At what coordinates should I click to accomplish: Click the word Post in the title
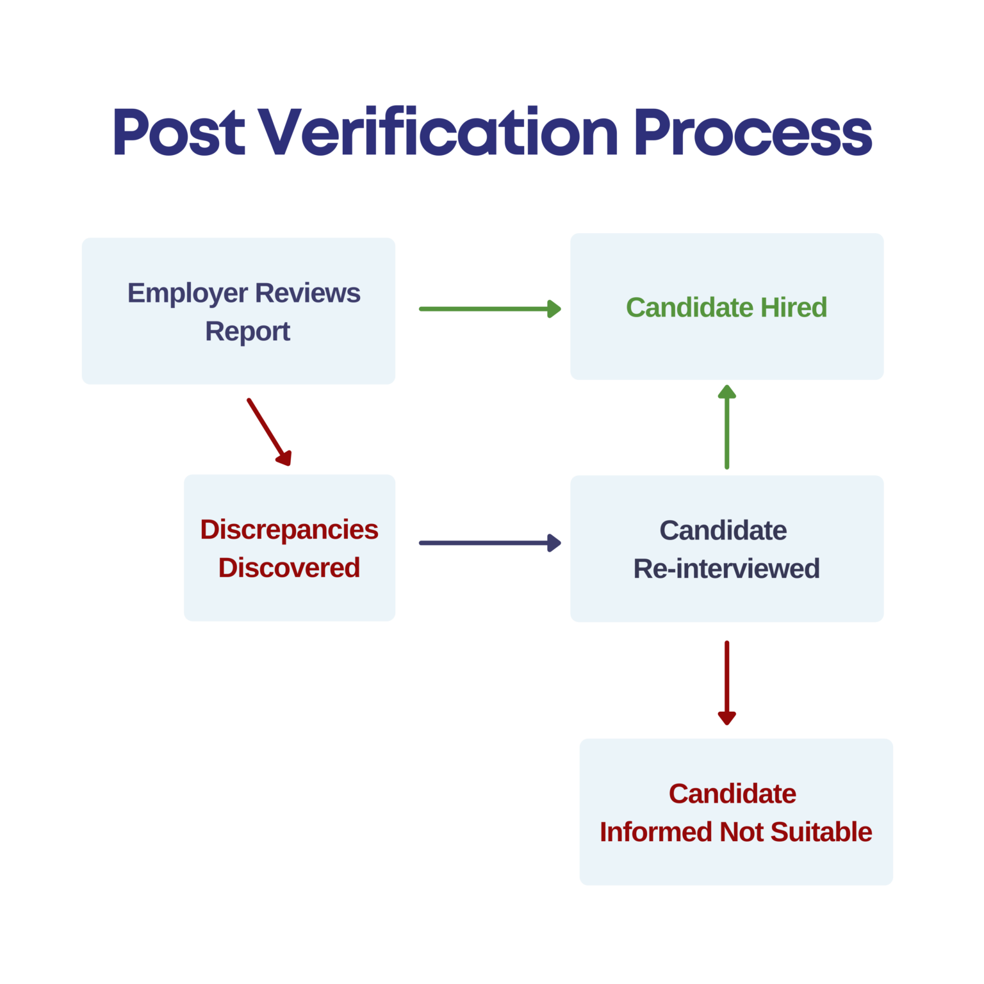coord(179,133)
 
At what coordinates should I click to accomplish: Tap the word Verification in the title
coord(439,133)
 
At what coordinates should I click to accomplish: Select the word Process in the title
coord(753,133)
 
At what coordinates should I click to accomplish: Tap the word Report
coord(247,332)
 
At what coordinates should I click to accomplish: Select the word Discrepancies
coord(289,530)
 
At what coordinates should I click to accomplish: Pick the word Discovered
coord(289,568)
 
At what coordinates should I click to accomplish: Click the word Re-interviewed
coord(726,569)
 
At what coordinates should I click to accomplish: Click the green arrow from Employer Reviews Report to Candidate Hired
coord(489,309)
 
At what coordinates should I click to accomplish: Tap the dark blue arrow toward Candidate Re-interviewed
coord(489,543)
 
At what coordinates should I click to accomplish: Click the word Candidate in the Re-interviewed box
coord(723,530)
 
